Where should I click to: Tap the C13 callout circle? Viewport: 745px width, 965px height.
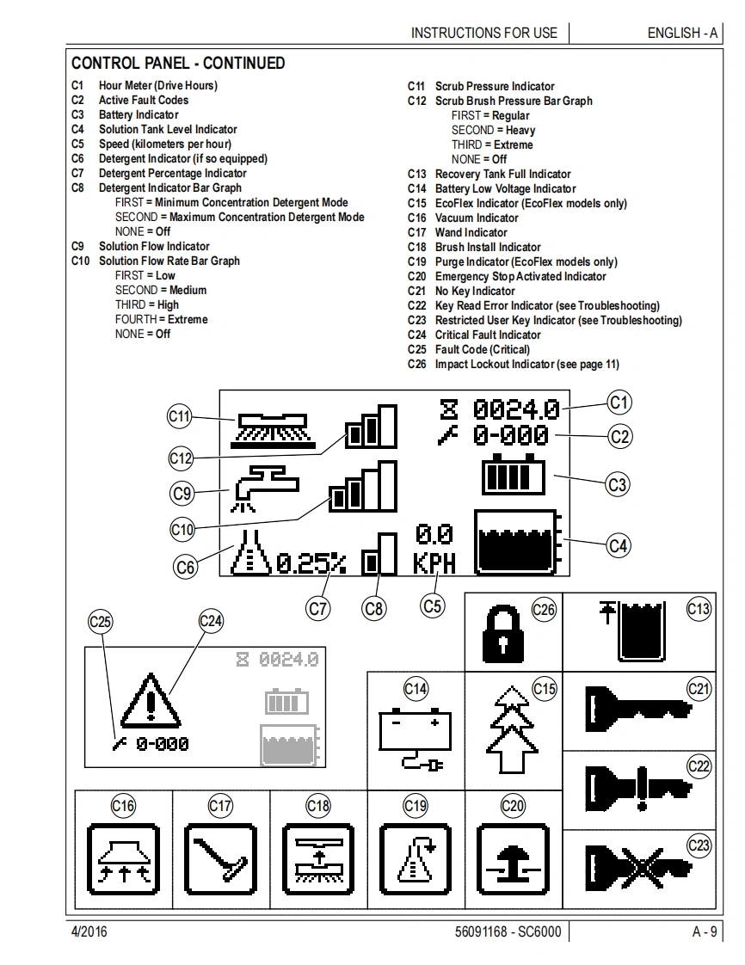pos(699,610)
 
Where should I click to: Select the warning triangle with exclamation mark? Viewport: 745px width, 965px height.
pos(150,699)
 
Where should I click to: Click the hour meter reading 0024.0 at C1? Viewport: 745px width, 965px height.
pos(516,409)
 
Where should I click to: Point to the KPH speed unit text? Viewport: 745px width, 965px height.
pos(434,564)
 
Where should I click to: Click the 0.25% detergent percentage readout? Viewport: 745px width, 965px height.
pos(311,563)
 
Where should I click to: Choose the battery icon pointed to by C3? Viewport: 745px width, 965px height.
pos(514,474)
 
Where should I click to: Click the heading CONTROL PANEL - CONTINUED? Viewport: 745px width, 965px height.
pos(178,63)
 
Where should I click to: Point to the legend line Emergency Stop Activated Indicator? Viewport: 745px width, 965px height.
pos(520,276)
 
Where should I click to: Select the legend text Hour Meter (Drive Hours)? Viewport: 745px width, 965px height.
pos(157,85)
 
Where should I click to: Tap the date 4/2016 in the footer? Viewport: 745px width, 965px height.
pos(89,931)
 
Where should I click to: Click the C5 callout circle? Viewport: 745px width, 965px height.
pos(433,605)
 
